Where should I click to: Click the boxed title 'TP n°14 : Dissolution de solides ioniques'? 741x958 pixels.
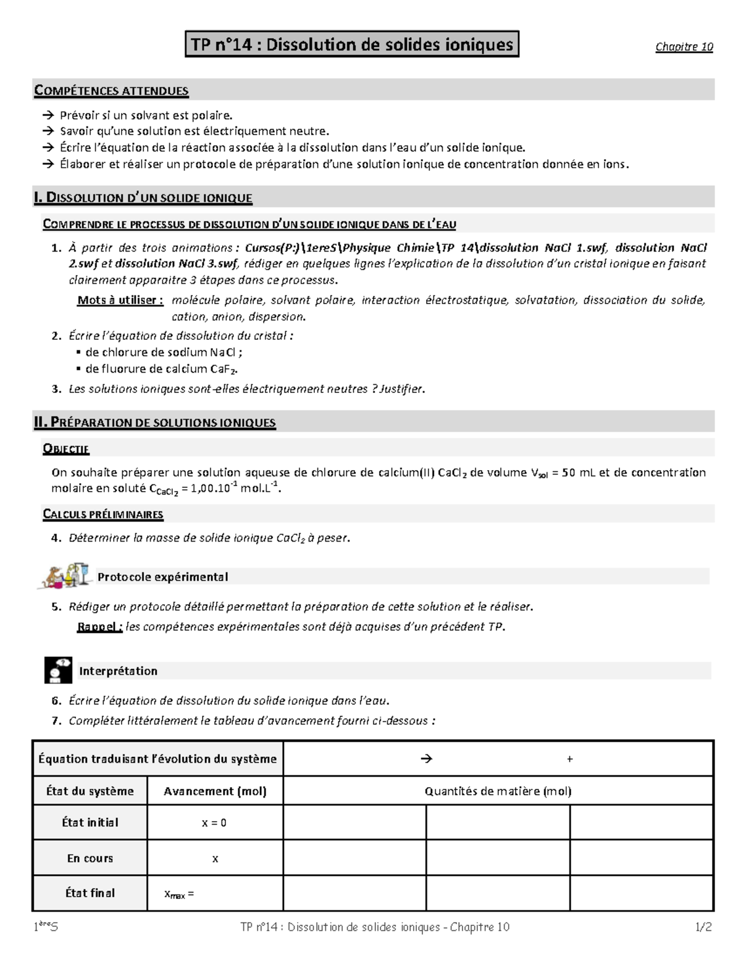pos(351,44)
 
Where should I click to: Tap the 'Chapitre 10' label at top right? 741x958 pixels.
pos(684,47)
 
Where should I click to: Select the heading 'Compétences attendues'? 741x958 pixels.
pos(111,91)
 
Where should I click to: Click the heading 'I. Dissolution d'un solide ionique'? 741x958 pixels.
pos(143,198)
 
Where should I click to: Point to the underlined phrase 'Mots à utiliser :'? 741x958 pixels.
pos(120,300)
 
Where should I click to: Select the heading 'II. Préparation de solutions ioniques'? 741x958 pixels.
pos(154,423)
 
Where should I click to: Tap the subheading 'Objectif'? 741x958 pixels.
pos(66,449)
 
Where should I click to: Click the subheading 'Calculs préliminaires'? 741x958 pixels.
pos(103,514)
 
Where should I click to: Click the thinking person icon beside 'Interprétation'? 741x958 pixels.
pos(58,671)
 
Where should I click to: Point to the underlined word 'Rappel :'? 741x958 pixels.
pos(99,627)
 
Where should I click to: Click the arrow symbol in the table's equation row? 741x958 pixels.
pos(426,759)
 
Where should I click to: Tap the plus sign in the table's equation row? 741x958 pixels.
pos(569,759)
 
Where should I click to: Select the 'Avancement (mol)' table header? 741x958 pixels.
pos(215,791)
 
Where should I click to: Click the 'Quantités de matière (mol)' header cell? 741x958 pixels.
pos(498,791)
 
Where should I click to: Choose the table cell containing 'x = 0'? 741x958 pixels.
pos(214,823)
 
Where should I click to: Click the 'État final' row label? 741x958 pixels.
pos(90,893)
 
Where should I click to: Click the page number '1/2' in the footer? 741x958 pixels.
pos(703,927)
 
